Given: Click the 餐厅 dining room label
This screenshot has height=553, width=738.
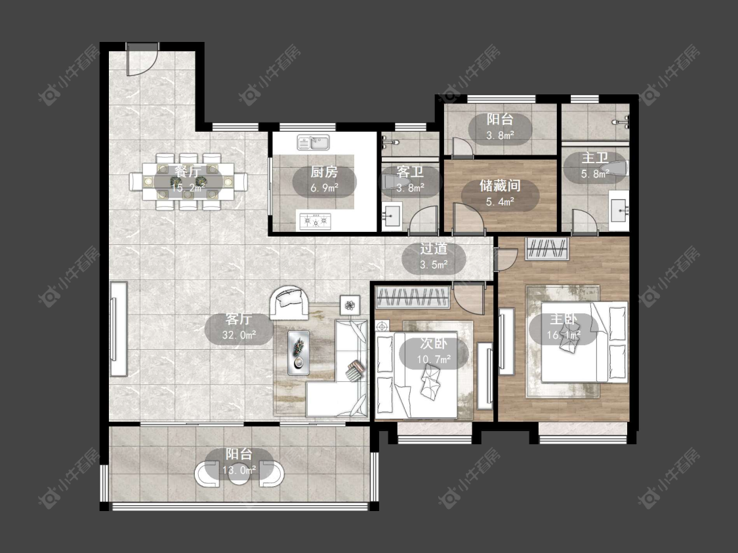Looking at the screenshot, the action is (x=188, y=171).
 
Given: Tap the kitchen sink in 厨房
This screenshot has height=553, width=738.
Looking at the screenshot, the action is (x=314, y=142).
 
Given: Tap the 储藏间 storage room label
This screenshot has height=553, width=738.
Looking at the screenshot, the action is (x=500, y=185).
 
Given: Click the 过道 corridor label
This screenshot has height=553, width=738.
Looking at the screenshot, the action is (x=434, y=249).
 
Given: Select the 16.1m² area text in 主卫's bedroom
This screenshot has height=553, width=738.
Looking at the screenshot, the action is (x=564, y=335).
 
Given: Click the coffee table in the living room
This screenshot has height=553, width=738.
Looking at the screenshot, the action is (x=298, y=353).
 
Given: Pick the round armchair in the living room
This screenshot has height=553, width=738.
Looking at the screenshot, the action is (x=289, y=303).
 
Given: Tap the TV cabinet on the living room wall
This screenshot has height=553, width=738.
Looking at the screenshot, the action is (x=118, y=329).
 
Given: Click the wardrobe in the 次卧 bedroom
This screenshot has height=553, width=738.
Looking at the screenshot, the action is (x=413, y=297).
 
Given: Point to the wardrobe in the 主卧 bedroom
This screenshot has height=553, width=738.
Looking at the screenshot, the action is (x=547, y=249).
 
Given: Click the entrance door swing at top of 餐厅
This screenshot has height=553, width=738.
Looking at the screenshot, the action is (x=142, y=60).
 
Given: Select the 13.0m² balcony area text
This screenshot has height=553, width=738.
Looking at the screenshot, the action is (x=239, y=469).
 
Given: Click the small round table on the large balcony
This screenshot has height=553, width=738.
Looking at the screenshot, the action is (x=239, y=474).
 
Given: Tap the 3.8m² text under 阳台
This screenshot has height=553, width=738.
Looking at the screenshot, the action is (x=500, y=136).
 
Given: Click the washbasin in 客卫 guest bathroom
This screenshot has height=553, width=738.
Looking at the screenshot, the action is (x=392, y=216).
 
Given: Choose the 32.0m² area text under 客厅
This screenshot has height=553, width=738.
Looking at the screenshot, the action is (x=239, y=335).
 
